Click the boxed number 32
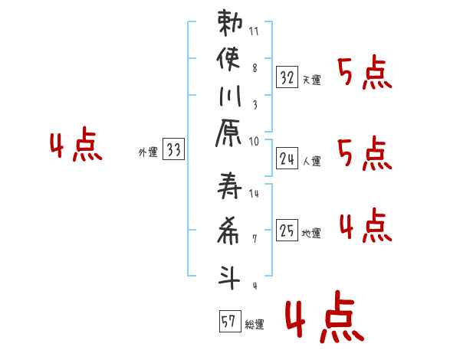pos(287,77)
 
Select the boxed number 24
pos(287,159)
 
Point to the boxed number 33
pos(174,150)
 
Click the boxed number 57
pos(228,321)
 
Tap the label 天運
pos(311,80)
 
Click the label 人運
pos(311,161)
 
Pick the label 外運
pos(147,152)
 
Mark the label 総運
pos(255,324)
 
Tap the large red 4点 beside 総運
pos(324,319)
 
